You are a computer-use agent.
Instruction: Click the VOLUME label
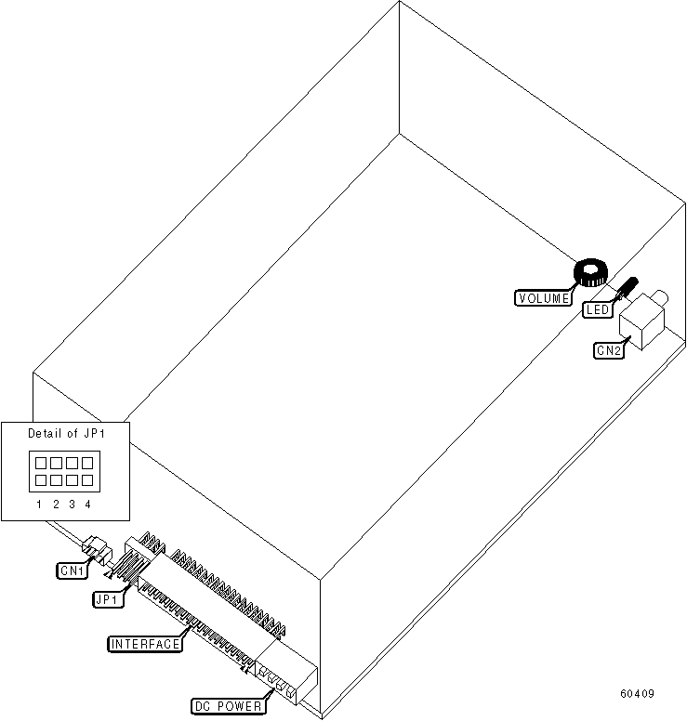coord(544,298)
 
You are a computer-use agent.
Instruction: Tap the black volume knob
coord(589,271)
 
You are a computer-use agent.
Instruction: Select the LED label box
coord(597,309)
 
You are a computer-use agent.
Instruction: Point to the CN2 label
coord(608,350)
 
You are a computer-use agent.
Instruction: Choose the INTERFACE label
coord(145,644)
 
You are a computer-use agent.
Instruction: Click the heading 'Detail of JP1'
coord(65,434)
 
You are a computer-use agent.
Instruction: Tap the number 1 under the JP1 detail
coord(40,505)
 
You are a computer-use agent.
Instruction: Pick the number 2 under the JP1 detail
coord(56,505)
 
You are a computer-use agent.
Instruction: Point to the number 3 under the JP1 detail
coord(72,505)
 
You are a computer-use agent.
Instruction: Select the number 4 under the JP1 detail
coord(87,505)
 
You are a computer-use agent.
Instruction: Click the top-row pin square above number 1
coord(41,462)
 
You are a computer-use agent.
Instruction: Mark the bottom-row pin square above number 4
coord(87,480)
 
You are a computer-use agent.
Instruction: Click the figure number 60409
coord(639,694)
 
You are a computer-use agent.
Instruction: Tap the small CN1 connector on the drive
coord(96,548)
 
